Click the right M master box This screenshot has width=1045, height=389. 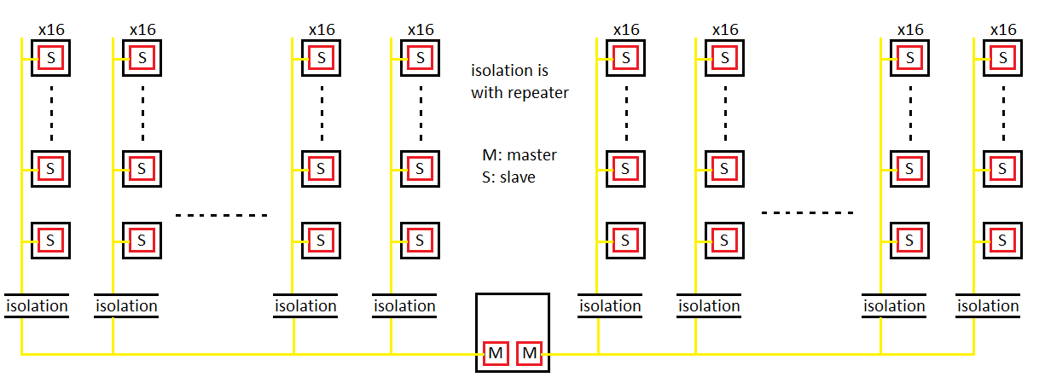(529, 353)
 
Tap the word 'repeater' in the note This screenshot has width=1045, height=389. (537, 92)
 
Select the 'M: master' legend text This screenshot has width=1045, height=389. (519, 155)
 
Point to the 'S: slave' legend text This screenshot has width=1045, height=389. (508, 177)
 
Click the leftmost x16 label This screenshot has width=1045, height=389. (50, 30)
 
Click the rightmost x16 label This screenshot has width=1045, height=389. (1002, 30)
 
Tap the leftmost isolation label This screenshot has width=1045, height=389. (37, 305)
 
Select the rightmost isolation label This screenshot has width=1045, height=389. (989, 305)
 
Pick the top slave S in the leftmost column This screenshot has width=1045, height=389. (50, 58)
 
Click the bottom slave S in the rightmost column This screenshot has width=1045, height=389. (1003, 241)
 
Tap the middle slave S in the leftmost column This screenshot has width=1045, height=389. (50, 169)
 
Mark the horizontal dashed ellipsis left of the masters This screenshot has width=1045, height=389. (222, 215)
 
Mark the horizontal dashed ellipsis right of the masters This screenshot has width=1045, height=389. (807, 212)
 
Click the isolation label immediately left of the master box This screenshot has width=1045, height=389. (404, 305)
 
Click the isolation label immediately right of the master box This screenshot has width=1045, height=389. (610, 305)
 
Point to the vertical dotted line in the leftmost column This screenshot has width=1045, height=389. (50, 113)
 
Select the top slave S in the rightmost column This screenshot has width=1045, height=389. (1003, 58)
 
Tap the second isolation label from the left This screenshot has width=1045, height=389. (126, 305)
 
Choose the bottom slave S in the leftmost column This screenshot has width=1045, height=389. (50, 241)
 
